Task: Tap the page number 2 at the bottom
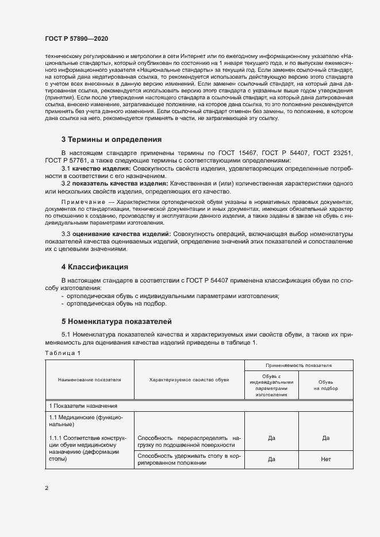(x=47, y=488)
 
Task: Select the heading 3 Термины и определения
(x=111, y=140)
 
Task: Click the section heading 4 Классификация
(x=94, y=267)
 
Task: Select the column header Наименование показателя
(x=89, y=380)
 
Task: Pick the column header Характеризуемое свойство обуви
(x=189, y=380)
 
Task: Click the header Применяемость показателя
(x=298, y=365)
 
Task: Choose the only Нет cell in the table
(x=325, y=459)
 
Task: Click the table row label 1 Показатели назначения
(x=83, y=405)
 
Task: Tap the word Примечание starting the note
(x=80, y=203)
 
